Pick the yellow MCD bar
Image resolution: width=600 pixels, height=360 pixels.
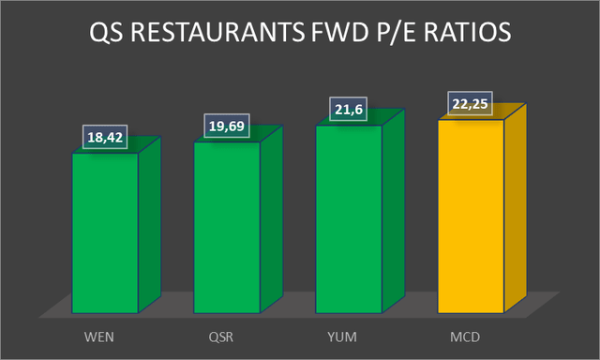(x=471, y=215)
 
